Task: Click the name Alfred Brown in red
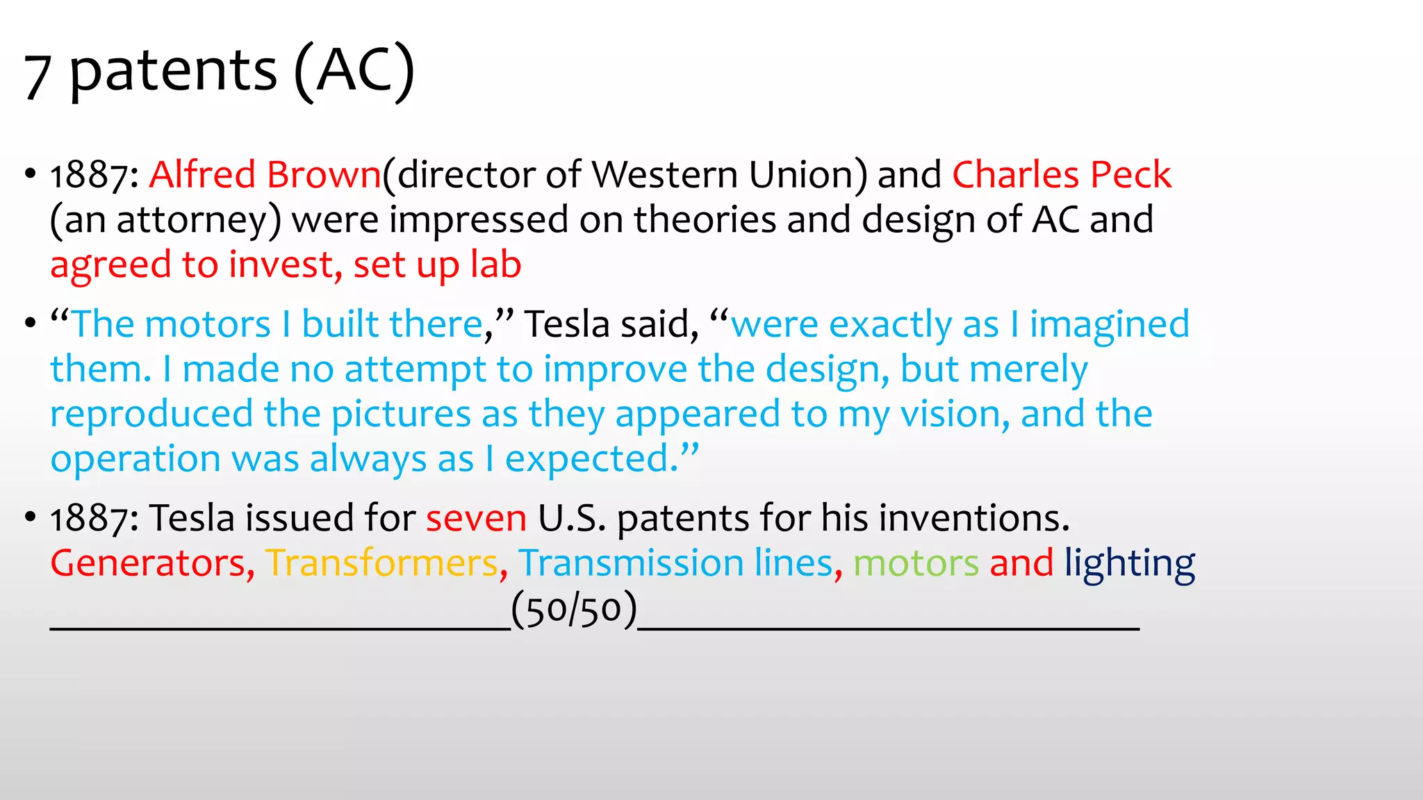(x=265, y=174)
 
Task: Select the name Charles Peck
(x=1061, y=174)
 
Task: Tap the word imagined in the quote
(x=1109, y=325)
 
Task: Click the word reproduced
(x=151, y=415)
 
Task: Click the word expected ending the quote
(x=591, y=460)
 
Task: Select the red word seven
(x=476, y=519)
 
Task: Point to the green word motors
(x=916, y=563)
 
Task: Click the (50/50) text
(x=574, y=610)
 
